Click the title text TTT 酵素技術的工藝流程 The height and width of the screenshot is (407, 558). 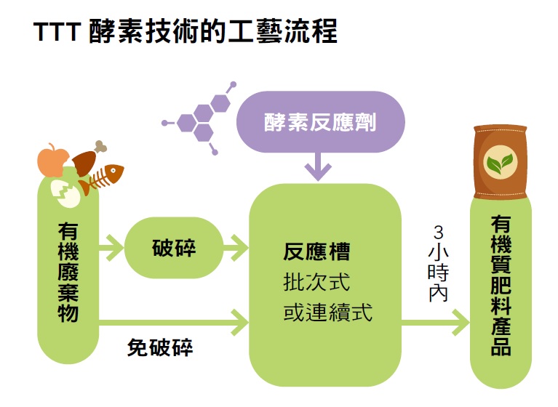[186, 33]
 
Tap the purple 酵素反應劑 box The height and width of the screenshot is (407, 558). [320, 122]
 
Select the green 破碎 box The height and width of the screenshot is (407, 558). [174, 249]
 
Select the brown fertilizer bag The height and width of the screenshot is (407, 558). [500, 161]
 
